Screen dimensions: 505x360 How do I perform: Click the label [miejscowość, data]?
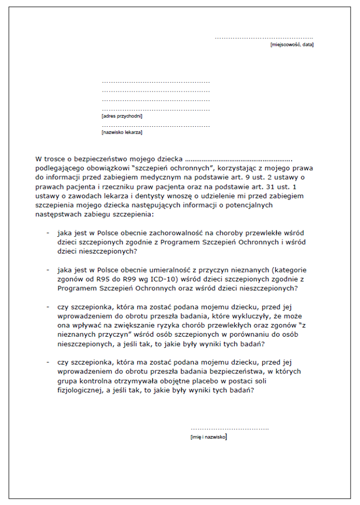[292, 45]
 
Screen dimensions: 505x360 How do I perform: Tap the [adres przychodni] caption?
[122, 116]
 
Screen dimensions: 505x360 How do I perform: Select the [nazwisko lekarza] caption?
[122, 133]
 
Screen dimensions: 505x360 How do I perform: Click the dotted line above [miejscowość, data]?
[264, 38]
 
